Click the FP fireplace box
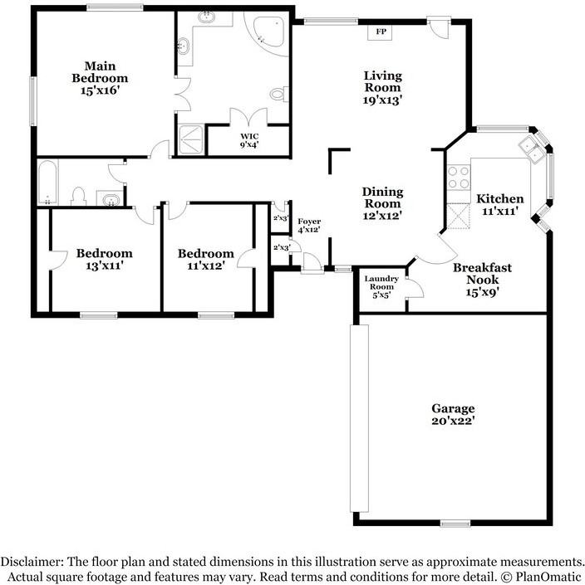click(381, 32)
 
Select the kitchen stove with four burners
click(459, 178)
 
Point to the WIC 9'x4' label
click(249, 140)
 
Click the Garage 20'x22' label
click(453, 415)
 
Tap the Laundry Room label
click(381, 283)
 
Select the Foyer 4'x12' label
click(309, 226)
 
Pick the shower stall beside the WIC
click(191, 140)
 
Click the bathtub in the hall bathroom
click(48, 182)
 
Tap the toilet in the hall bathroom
click(78, 196)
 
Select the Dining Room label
click(382, 197)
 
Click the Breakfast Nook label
click(482, 274)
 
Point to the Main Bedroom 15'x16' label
click(100, 78)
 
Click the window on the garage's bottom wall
click(455, 524)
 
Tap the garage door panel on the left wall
click(359, 418)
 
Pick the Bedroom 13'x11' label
click(104, 259)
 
